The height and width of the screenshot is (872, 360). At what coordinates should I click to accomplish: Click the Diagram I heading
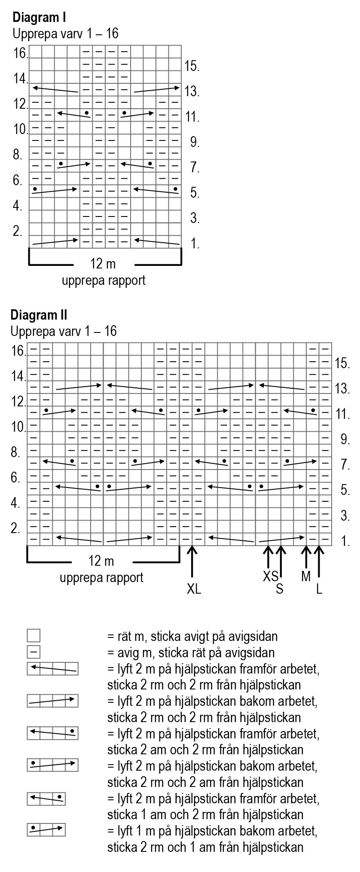click(39, 18)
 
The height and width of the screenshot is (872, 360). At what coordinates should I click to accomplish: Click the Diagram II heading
click(39, 315)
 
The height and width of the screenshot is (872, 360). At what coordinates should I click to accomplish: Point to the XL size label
click(194, 589)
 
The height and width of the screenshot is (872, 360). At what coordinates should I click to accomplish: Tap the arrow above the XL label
click(192, 561)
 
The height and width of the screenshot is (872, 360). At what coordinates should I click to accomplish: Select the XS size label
click(271, 576)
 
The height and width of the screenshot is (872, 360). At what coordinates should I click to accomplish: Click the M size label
click(306, 576)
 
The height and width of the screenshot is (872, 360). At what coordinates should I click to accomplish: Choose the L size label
click(319, 589)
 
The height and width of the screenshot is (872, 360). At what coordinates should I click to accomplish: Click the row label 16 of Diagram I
click(21, 54)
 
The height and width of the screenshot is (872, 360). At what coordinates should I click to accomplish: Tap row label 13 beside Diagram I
click(192, 91)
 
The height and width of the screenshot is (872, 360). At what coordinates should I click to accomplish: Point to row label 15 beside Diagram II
click(343, 364)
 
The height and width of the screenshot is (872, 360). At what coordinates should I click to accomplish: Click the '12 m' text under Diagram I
click(103, 263)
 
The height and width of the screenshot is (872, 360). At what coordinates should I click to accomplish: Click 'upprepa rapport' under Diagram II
click(101, 577)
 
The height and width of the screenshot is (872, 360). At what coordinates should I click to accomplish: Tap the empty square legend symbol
click(34, 635)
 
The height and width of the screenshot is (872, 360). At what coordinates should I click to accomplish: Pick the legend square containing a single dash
click(34, 652)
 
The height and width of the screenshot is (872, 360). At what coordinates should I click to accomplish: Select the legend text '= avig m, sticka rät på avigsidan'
click(191, 653)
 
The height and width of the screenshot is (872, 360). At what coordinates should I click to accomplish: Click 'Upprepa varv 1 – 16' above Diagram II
click(64, 331)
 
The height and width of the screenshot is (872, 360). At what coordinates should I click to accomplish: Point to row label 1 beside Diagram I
click(195, 244)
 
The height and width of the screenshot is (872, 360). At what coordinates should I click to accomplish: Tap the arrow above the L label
click(319, 561)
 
